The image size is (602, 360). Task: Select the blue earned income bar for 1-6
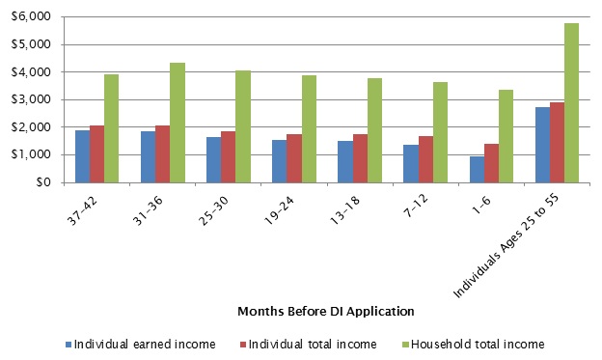click(x=477, y=169)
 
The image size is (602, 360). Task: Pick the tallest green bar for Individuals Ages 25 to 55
click(x=571, y=102)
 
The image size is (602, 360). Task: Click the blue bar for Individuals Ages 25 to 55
click(x=542, y=145)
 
